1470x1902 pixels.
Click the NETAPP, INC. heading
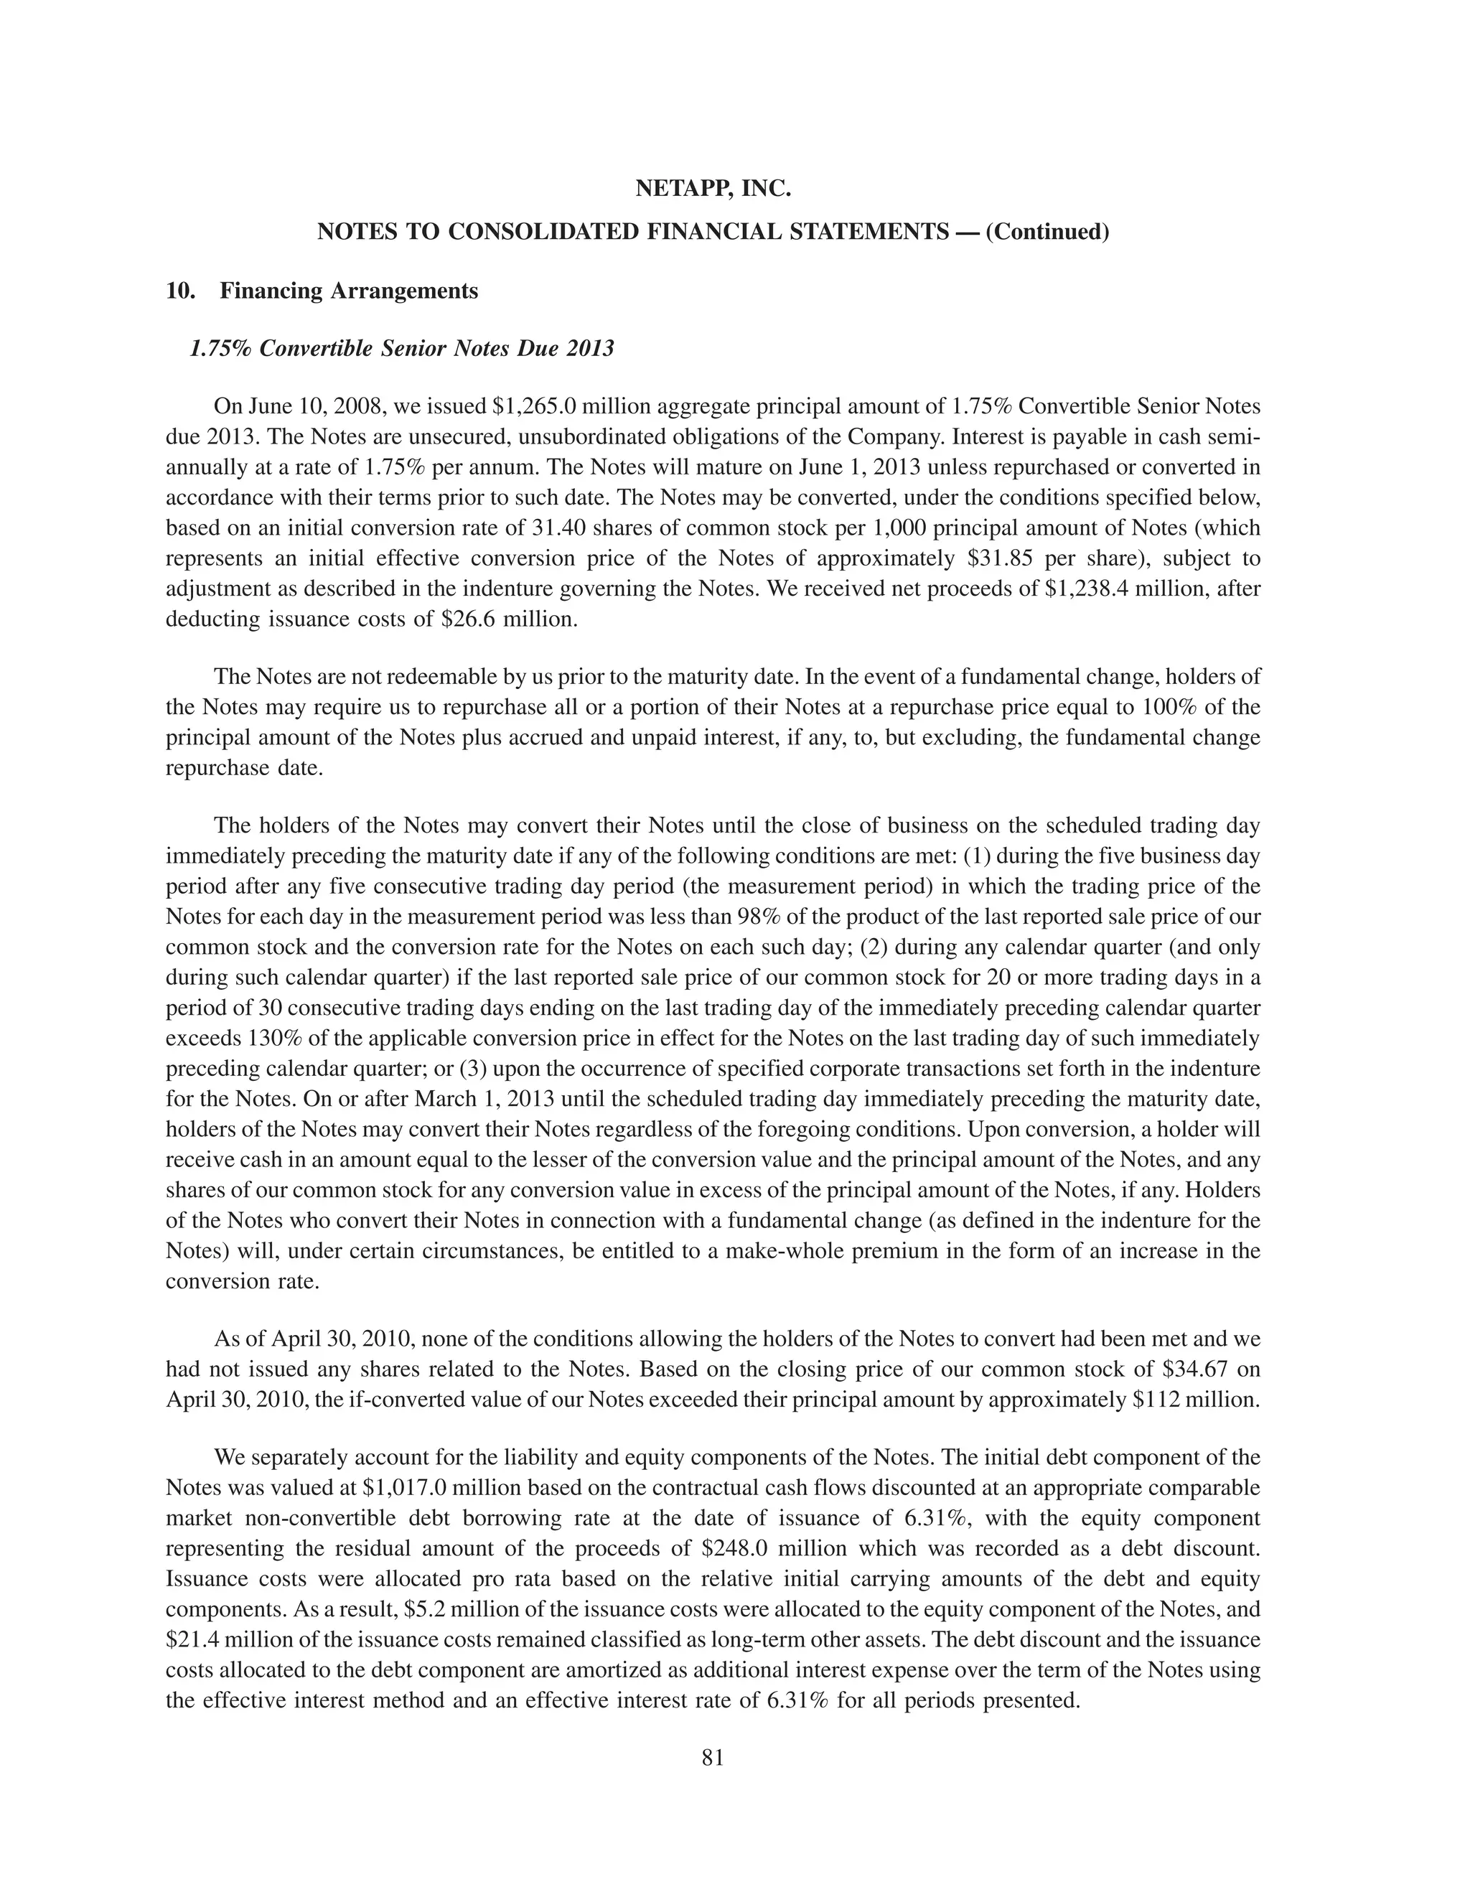click(x=712, y=188)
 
